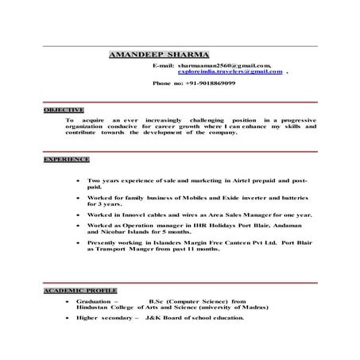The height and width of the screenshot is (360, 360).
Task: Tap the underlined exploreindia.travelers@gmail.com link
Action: [x=230, y=72]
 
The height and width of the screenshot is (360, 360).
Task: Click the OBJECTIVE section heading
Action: [x=64, y=109]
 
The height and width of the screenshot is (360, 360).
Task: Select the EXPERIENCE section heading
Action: [x=66, y=160]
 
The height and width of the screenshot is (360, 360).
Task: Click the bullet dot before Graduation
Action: [x=69, y=303]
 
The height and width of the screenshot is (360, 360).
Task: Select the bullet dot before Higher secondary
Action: [x=69, y=318]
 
